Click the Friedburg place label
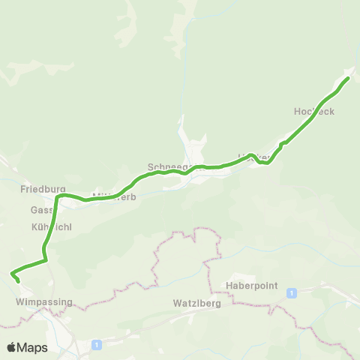pyautogui.click(x=44, y=190)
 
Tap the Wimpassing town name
pyautogui.click(x=44, y=302)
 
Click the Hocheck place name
pyautogui.click(x=314, y=111)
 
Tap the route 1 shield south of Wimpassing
pyautogui.click(x=97, y=344)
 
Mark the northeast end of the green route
pyautogui.click(x=349, y=78)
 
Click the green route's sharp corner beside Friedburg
pyautogui.click(x=57, y=196)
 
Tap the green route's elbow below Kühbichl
pyautogui.click(x=46, y=259)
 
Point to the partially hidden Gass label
pyautogui.click(x=40, y=211)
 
